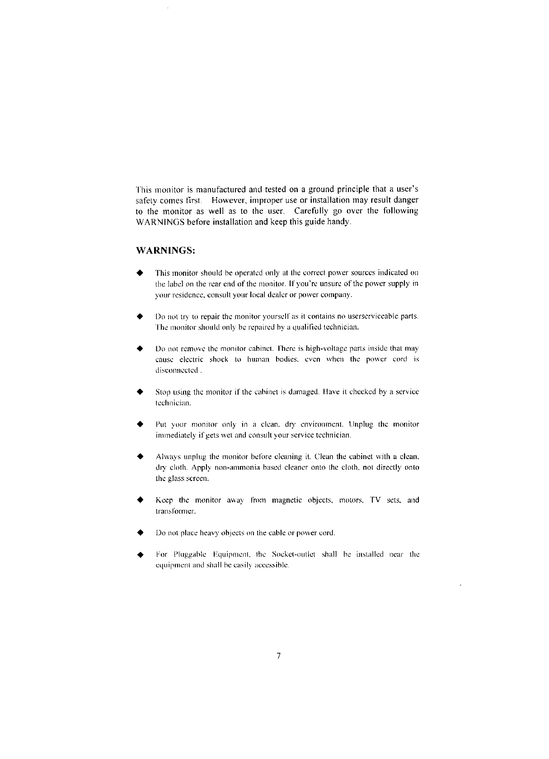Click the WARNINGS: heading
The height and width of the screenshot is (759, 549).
click(x=166, y=250)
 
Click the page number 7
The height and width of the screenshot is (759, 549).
click(x=279, y=656)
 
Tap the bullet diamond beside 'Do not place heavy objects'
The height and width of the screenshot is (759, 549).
click(x=141, y=533)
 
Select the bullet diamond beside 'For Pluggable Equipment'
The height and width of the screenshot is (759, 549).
click(x=141, y=555)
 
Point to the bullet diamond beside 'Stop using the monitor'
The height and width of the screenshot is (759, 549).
click(x=141, y=391)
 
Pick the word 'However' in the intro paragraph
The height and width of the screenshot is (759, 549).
click(x=230, y=200)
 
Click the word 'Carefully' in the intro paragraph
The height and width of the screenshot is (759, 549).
click(x=314, y=211)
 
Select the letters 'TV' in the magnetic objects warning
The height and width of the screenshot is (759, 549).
click(x=375, y=500)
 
